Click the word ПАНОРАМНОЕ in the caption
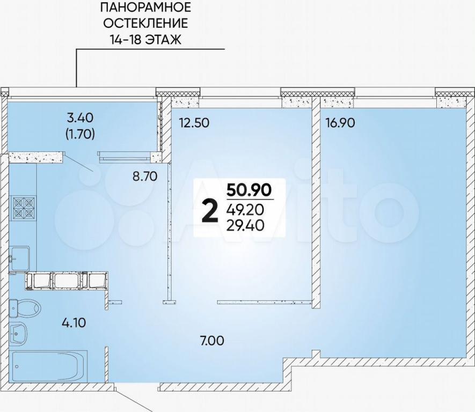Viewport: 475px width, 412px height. (x=145, y=8)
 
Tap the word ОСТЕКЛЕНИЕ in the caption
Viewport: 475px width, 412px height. (x=145, y=23)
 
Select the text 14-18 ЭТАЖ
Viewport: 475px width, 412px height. (x=145, y=40)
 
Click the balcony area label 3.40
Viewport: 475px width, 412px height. (x=81, y=117)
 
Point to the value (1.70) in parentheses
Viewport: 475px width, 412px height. (x=81, y=134)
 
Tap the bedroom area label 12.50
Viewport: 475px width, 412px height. (x=194, y=123)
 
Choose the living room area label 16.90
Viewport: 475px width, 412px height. (x=340, y=123)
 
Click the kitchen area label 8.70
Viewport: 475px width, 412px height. (x=145, y=176)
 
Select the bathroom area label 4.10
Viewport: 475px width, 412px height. (x=74, y=323)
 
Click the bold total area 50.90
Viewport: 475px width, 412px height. (x=249, y=190)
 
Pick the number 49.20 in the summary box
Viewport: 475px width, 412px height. (x=245, y=209)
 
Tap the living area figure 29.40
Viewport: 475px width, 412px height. (x=245, y=225)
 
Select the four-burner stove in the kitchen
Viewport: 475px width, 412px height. (x=23, y=208)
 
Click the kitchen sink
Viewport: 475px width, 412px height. (x=20, y=258)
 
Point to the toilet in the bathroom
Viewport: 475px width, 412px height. (x=25, y=308)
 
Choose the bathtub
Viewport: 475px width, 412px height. (x=49, y=366)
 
